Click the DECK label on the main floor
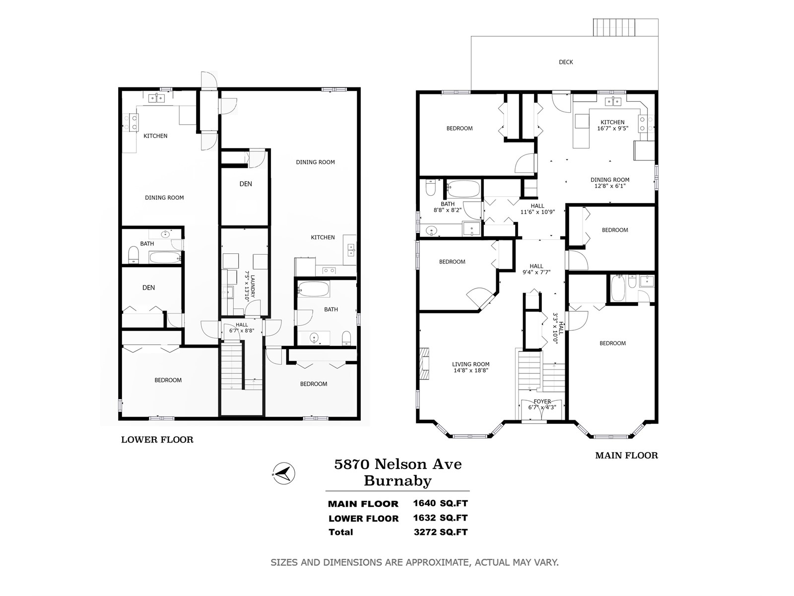(566, 62)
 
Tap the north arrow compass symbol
(284, 473)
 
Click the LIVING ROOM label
(470, 365)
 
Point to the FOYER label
(542, 401)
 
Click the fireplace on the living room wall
(424, 364)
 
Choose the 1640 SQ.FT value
(440, 503)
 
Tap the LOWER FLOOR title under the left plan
(157, 440)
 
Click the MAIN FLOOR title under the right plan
(627, 455)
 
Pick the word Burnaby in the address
(397, 481)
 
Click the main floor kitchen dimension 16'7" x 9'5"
(612, 128)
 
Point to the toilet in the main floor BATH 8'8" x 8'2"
(430, 187)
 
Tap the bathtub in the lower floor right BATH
(314, 289)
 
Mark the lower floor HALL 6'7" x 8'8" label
(242, 327)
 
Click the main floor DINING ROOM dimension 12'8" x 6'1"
(610, 186)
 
